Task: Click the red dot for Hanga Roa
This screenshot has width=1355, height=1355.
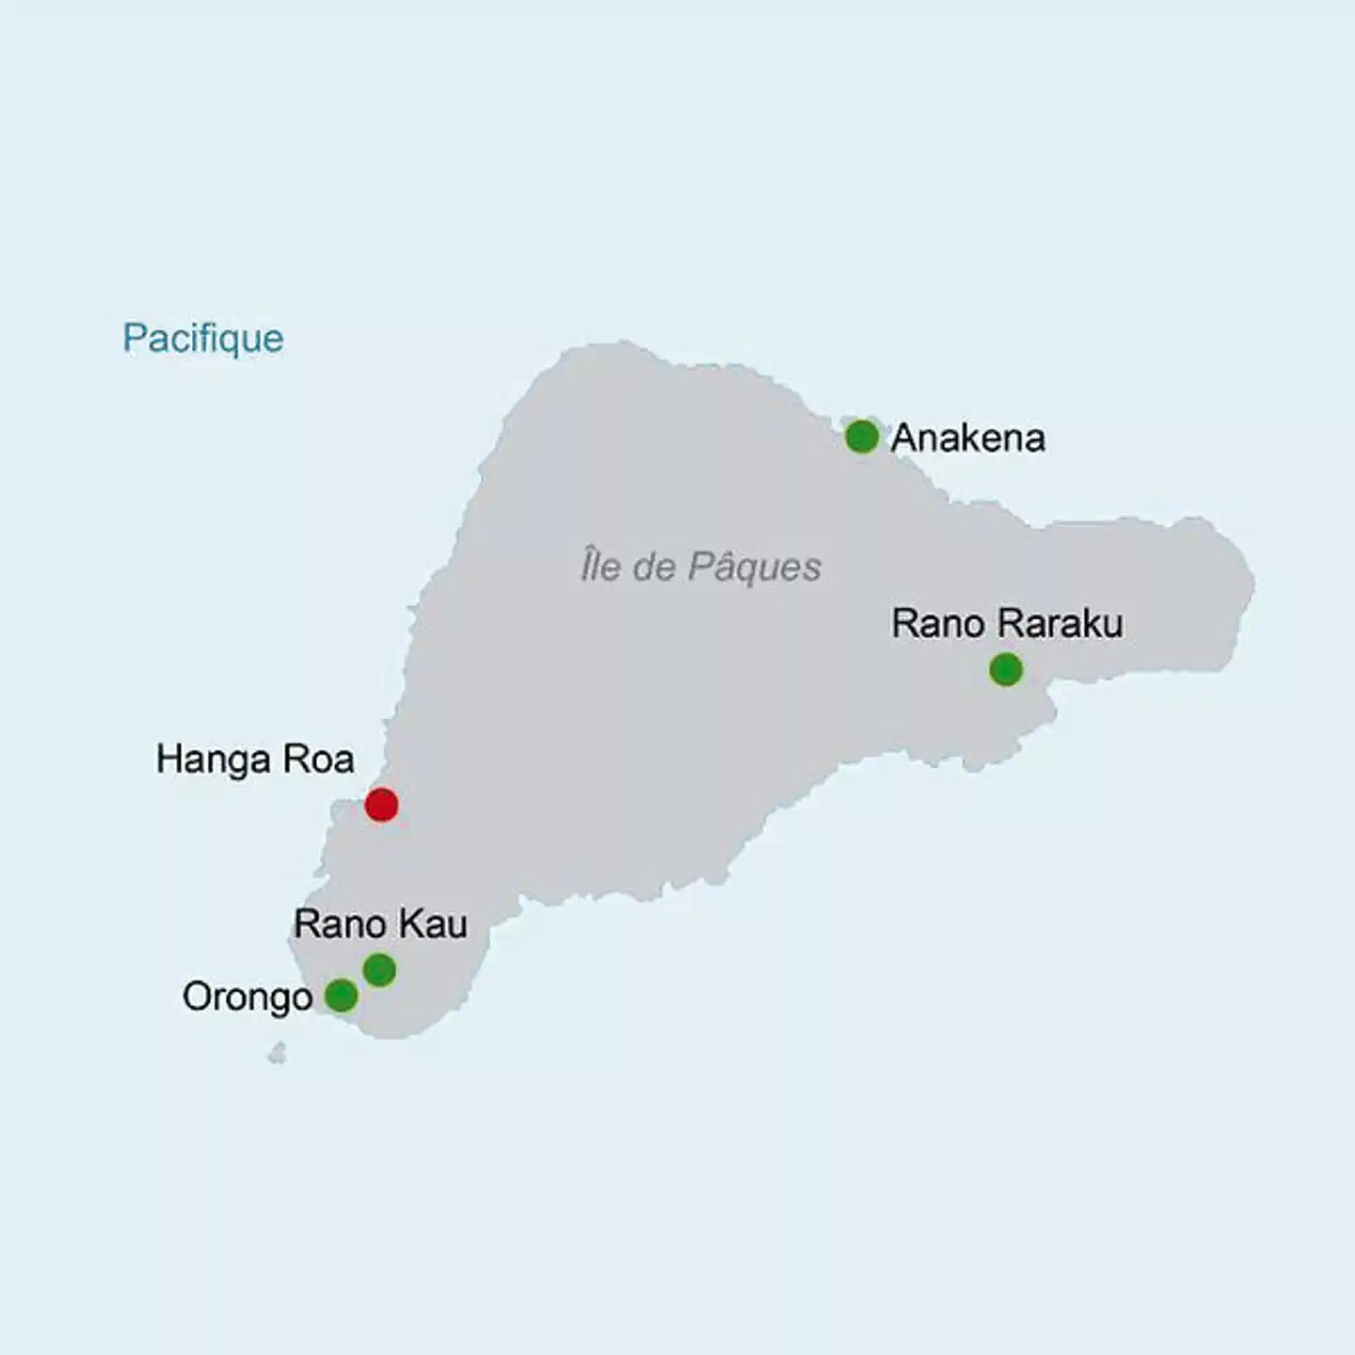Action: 381,805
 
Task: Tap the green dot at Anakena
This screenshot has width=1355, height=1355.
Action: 862,437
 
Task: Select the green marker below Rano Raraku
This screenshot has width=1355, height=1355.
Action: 1006,670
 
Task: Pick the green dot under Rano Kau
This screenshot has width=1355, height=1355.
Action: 379,970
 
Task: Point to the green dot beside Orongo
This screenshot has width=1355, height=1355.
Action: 341,995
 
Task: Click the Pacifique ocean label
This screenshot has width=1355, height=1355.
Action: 203,339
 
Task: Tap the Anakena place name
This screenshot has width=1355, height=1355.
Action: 968,438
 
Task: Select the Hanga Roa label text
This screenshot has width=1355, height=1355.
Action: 255,759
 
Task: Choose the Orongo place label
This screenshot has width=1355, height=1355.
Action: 247,997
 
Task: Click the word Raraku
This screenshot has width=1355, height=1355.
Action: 1060,624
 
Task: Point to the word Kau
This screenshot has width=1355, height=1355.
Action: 433,924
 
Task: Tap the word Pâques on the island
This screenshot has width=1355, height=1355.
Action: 755,567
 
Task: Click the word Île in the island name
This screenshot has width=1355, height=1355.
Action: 599,566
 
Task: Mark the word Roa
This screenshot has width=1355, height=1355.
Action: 323,759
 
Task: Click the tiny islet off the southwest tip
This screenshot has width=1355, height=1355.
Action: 277,1054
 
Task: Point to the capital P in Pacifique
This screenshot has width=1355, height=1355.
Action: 133,338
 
